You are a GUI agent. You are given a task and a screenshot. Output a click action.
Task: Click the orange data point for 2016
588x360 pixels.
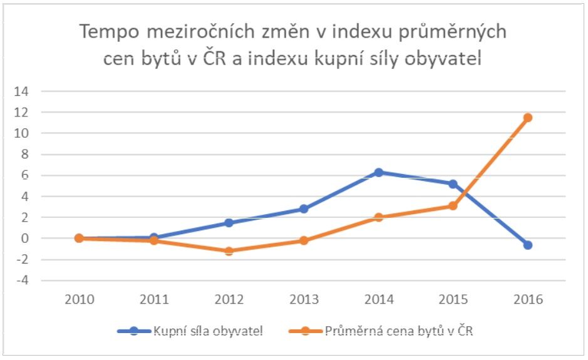pyautogui.click(x=527, y=118)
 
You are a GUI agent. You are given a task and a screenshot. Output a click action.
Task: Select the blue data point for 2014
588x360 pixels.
pyautogui.click(x=378, y=172)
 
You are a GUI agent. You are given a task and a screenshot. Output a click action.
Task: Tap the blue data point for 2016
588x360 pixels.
pyautogui.click(x=527, y=245)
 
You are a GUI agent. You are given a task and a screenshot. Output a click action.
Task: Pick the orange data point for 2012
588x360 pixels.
pyautogui.click(x=229, y=250)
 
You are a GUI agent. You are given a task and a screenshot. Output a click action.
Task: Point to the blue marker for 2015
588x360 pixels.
pyautogui.click(x=453, y=184)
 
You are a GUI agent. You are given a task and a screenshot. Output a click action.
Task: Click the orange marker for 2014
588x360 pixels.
pyautogui.click(x=378, y=217)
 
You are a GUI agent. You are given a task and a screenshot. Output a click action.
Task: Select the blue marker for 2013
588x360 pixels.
pyautogui.click(x=304, y=208)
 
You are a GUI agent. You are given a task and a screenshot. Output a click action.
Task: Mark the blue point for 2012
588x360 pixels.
pyautogui.click(x=229, y=223)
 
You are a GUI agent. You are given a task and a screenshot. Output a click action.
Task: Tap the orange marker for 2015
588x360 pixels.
pyautogui.click(x=453, y=205)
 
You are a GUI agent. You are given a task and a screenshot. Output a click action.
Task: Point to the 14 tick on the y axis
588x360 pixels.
pyautogui.click(x=23, y=91)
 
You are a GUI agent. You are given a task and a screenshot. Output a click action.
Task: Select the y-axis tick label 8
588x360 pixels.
pyautogui.click(x=26, y=154)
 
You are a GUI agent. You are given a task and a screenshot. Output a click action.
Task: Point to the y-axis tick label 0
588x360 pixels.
pyautogui.click(x=26, y=239)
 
